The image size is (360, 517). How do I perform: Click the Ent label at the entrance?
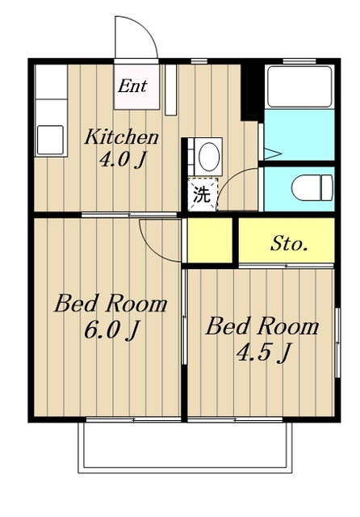click(x=132, y=86)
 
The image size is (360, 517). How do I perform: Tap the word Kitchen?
click(x=122, y=137)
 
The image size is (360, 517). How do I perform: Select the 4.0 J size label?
click(x=122, y=160)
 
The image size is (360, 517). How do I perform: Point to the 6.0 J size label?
click(x=111, y=330)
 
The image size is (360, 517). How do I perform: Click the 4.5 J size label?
click(x=263, y=352)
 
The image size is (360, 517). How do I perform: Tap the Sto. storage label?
click(x=288, y=244)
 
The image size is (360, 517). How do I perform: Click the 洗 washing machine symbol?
click(x=202, y=195)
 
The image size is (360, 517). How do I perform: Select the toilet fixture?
click(x=312, y=188)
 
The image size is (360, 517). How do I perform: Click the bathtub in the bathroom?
click(x=299, y=86)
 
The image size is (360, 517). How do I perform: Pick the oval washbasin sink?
click(x=209, y=156)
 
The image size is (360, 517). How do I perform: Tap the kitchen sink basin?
click(x=50, y=140)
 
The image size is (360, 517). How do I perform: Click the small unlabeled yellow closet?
click(x=210, y=240)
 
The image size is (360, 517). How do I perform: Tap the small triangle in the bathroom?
click(x=273, y=153)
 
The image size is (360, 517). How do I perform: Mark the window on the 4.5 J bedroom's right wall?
click(x=337, y=343)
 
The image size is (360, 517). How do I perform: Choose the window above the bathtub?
click(x=299, y=61)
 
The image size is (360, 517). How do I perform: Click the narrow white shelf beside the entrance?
click(x=170, y=90)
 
